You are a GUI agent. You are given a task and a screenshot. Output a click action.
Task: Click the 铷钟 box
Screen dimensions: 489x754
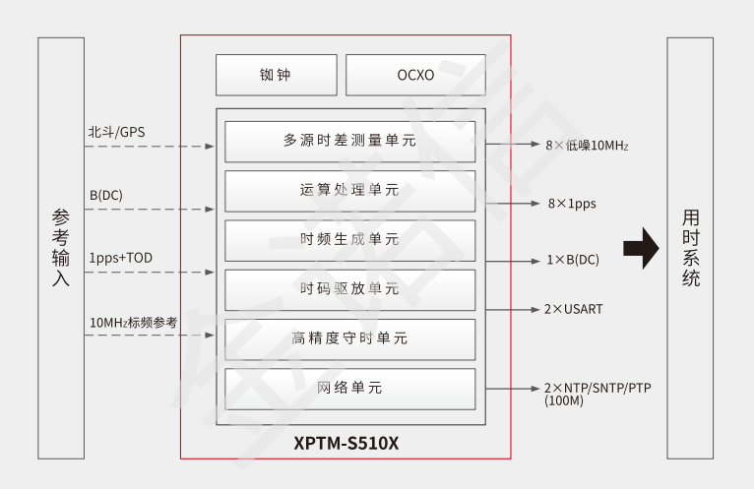276,75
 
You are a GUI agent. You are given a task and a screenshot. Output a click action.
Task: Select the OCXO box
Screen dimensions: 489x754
414,75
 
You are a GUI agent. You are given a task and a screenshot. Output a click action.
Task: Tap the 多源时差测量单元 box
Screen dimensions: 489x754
349,142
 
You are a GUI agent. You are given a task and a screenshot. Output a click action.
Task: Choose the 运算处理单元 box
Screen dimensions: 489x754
349,191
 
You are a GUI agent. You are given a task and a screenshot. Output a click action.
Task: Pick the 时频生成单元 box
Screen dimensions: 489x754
349,240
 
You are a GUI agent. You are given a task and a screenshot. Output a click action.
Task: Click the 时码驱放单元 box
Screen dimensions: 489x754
349,289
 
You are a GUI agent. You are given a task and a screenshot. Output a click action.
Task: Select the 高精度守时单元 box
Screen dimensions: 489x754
349,338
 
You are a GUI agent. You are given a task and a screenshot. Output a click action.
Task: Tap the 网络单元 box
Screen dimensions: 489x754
349,389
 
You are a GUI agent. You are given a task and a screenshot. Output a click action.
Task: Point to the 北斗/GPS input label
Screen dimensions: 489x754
116,132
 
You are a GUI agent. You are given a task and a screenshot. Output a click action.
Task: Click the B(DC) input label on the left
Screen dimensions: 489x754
106,195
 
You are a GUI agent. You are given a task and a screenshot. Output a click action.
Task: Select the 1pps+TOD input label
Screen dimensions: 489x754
121,258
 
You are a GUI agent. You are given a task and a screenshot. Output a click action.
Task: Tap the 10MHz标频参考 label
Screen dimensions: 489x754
134,322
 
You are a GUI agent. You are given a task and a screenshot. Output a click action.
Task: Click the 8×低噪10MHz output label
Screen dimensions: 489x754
587,146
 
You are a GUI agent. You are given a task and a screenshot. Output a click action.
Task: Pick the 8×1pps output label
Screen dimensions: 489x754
572,205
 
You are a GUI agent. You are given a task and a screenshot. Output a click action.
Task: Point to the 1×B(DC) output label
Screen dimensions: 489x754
572,260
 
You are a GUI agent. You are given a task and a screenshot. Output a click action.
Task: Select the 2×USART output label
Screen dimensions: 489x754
574,309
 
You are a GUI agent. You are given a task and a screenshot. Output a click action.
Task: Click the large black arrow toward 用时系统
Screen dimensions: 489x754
641,248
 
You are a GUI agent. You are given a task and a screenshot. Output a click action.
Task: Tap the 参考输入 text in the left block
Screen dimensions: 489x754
61,248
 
